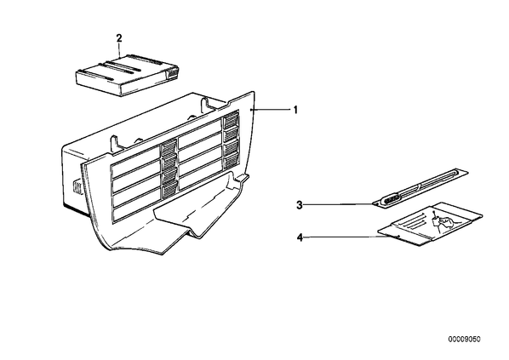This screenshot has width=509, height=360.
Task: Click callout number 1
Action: pyautogui.click(x=295, y=110)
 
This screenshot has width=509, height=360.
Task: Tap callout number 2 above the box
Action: pyautogui.click(x=119, y=38)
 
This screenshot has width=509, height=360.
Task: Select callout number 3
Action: pyautogui.click(x=300, y=205)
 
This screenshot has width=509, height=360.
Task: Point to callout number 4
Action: pyautogui.click(x=300, y=237)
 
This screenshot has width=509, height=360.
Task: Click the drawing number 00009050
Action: pyautogui.click(x=465, y=340)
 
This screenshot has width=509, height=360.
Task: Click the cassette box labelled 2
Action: pyautogui.click(x=128, y=75)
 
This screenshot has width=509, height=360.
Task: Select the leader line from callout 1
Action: pyautogui.click(x=271, y=110)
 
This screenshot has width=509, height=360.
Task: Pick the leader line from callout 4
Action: pyautogui.click(x=352, y=237)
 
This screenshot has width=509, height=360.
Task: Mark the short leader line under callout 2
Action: pyautogui.click(x=119, y=51)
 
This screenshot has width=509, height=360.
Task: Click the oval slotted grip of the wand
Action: pyautogui.click(x=392, y=200)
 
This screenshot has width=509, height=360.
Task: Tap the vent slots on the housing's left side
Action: pyautogui.click(x=77, y=187)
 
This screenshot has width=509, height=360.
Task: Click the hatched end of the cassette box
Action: pyautogui.click(x=173, y=72)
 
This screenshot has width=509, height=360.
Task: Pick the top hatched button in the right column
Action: pyautogui.click(x=231, y=121)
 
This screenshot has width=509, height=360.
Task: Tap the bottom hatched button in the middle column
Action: pyautogui.click(x=169, y=189)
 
